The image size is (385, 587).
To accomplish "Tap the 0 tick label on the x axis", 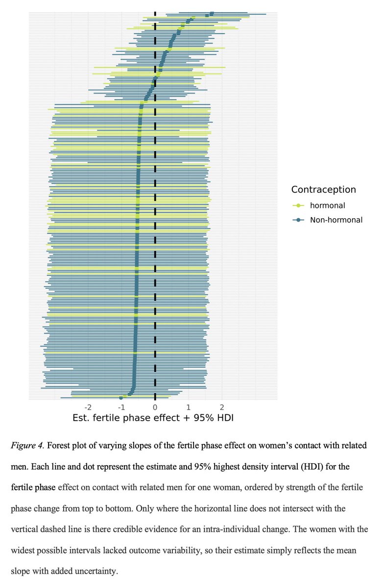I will [x=155, y=407].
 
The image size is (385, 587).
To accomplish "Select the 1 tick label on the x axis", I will [x=189, y=407].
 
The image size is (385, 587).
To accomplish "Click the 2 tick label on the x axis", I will [x=222, y=407].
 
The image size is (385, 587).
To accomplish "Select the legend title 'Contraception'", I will [x=323, y=190].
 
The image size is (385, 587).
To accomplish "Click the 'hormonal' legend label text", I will [x=327, y=205].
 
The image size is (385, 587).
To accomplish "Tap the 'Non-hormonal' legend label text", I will [x=336, y=220].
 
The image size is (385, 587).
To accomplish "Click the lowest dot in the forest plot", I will [x=121, y=398].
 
